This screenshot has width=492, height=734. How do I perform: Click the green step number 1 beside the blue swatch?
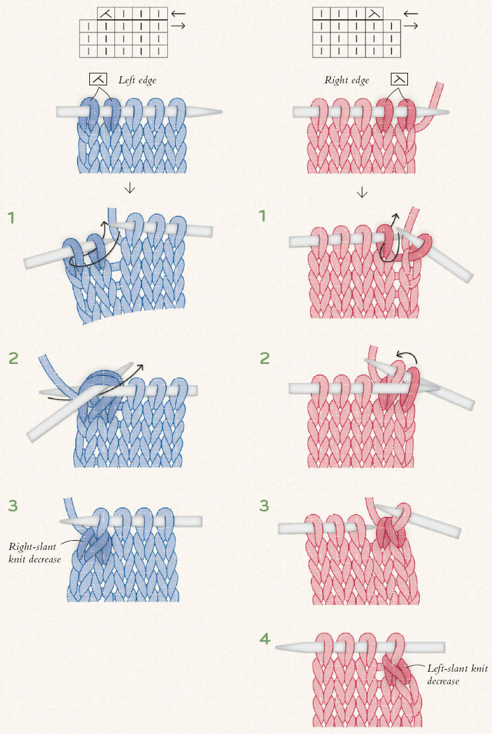tap(11, 218)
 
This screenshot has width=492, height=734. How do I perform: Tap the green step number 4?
tap(265, 639)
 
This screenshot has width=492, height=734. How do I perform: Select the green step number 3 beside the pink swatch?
tap(265, 506)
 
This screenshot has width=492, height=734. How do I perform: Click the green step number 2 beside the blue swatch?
tap(13, 358)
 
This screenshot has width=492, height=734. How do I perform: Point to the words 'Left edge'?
tap(137, 80)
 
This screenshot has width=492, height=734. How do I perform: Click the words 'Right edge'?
tap(347, 80)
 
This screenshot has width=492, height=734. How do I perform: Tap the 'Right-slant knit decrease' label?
tap(34, 553)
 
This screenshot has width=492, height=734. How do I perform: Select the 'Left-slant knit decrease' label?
tap(457, 674)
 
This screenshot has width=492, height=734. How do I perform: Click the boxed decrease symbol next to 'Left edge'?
tap(99, 79)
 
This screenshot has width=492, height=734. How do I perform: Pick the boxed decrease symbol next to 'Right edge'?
tap(399, 79)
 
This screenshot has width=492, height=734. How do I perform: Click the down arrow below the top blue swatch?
tap(130, 188)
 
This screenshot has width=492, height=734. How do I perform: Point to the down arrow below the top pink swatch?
tap(362, 192)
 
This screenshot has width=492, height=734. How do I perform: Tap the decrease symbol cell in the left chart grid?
tap(106, 14)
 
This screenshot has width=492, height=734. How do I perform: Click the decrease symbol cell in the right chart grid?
tap(374, 14)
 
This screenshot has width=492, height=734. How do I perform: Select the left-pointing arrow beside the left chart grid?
tap(178, 14)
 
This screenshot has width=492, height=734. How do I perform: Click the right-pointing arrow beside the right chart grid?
tap(411, 26)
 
